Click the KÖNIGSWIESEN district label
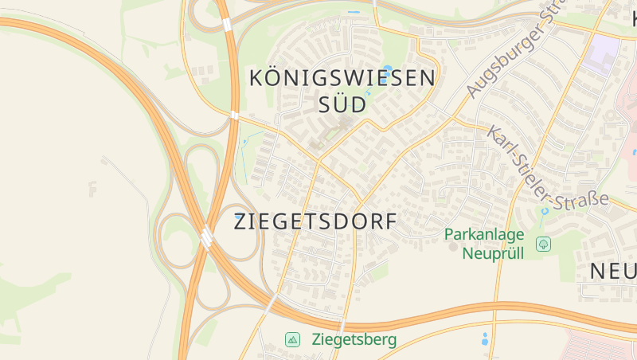342,78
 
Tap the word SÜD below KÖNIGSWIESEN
342,104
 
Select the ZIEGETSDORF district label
315,222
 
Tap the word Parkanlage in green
484,235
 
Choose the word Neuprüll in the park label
493,254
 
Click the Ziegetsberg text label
354,340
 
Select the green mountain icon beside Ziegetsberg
292,340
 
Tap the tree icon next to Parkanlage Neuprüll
544,244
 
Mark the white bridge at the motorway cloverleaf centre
207,237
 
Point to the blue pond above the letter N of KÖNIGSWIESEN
388,69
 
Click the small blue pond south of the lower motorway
484,338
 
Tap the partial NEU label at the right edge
613,272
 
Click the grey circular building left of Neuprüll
453,247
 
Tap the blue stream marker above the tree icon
545,213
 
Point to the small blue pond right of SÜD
369,93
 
